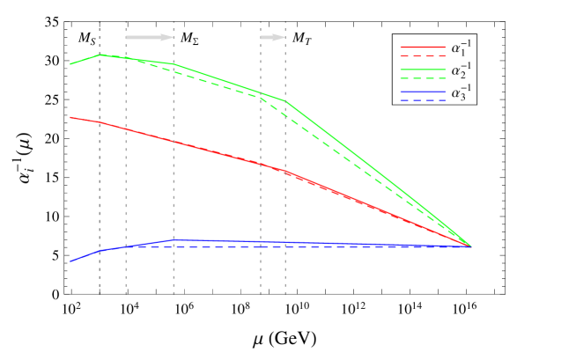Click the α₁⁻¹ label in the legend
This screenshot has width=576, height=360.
pos(459,48)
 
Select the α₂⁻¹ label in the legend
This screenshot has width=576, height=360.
pos(459,70)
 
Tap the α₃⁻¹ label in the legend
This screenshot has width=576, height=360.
pos(459,93)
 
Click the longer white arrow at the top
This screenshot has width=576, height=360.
pos(150,37)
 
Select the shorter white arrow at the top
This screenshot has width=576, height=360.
pos(273,37)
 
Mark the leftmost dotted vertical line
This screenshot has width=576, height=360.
pos(100,176)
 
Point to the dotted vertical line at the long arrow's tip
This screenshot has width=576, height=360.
pos(174,176)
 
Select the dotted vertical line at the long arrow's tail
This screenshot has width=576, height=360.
pos(126,176)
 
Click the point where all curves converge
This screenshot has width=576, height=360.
pos(472,246)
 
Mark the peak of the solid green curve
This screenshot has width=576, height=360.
pos(100,55)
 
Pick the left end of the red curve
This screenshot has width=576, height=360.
pos(71,117)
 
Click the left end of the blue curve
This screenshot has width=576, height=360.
pos(71,261)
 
